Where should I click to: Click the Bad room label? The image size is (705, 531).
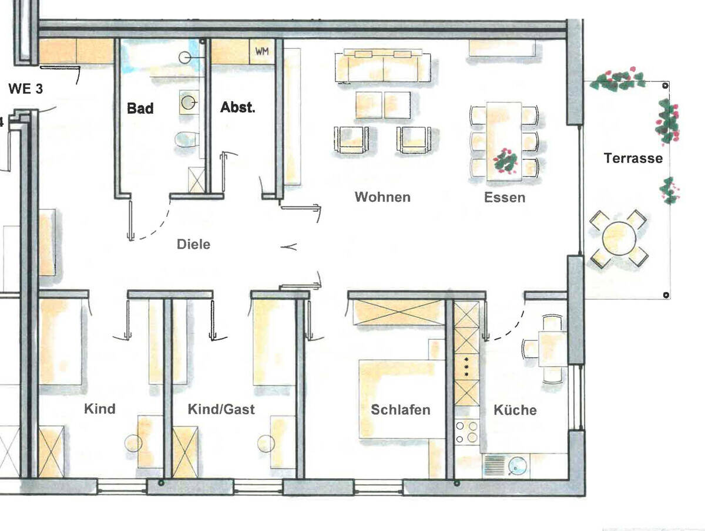pyautogui.click(x=140, y=109)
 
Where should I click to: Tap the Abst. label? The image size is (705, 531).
pyautogui.click(x=237, y=108)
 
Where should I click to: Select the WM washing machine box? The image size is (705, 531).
pyautogui.click(x=261, y=51)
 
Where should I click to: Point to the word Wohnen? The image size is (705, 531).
pyautogui.click(x=382, y=197)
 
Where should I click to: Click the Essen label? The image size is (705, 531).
pyautogui.click(x=505, y=197)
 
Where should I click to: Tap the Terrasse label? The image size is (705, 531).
pyautogui.click(x=633, y=158)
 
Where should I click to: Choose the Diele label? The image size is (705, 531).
pyautogui.click(x=193, y=244)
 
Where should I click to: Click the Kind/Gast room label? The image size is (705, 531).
pyautogui.click(x=221, y=409)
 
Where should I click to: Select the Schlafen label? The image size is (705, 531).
pyautogui.click(x=401, y=410)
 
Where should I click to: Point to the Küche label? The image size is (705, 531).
pyautogui.click(x=515, y=410)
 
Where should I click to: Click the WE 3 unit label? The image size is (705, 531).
pyautogui.click(x=26, y=90)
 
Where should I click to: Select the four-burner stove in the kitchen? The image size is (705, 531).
pyautogui.click(x=467, y=432)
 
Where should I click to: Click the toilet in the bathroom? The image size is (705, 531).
pyautogui.click(x=187, y=140)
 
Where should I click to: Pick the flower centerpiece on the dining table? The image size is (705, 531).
pyautogui.click(x=505, y=160)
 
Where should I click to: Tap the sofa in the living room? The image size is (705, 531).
pyautogui.click(x=382, y=66)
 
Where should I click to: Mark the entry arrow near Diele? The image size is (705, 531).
pyautogui.click(x=290, y=247)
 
